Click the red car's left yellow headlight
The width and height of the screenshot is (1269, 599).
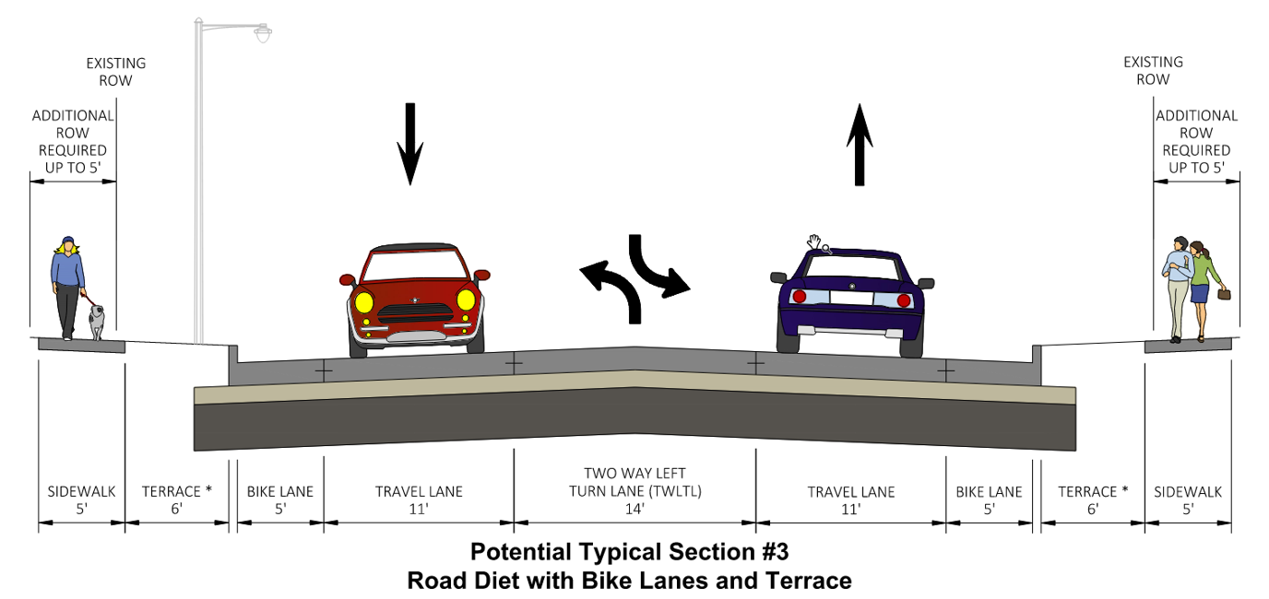[362, 300]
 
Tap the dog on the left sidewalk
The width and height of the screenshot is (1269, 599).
[97, 321]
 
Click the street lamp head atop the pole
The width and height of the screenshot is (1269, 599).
[263, 34]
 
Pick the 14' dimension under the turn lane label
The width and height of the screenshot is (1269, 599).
[634, 508]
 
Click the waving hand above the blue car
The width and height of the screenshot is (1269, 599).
[813, 241]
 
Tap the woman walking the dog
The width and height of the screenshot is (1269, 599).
[67, 286]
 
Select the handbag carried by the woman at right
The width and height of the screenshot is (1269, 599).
[1225, 295]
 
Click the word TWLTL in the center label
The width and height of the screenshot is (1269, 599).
[677, 491]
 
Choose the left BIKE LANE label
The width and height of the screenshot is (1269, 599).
[280, 491]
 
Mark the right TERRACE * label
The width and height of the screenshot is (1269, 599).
[1093, 491]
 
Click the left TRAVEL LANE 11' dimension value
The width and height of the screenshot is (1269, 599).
[419, 508]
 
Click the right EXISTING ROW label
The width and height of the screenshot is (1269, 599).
[1152, 71]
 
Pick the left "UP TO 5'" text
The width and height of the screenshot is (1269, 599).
[73, 168]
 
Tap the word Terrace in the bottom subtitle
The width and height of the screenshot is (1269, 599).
[812, 581]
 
